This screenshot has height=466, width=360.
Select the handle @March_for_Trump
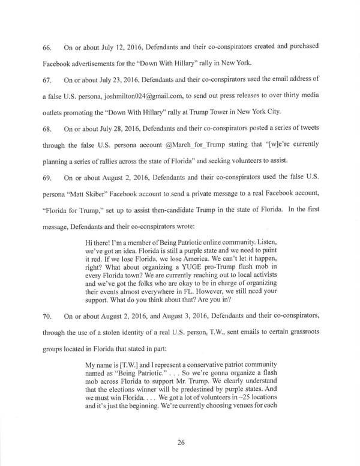tap(222, 145)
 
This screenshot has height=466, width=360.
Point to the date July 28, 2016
tap(102, 129)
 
